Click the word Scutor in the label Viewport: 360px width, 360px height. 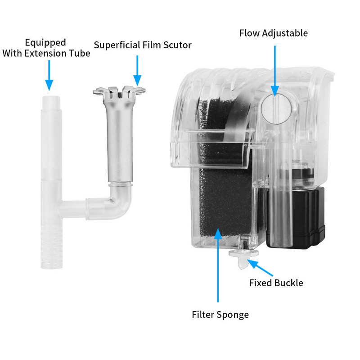pyautogui.click(x=177, y=45)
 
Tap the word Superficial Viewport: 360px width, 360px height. pyautogui.click(x=117, y=45)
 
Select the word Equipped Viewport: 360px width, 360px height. pyautogui.click(x=45, y=43)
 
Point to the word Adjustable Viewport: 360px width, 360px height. pyautogui.click(x=285, y=33)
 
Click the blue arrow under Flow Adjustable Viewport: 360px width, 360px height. pyautogui.click(x=275, y=71)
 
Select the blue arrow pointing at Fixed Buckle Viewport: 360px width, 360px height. pyautogui.click(x=260, y=268)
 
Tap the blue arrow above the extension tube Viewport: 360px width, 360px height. pyautogui.click(x=49, y=76)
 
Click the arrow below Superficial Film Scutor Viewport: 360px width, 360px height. pyautogui.click(x=137, y=71)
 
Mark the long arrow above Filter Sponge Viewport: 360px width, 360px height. pyautogui.click(x=218, y=265)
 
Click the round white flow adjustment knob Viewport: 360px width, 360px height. pyautogui.click(x=277, y=109)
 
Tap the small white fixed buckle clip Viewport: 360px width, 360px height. pyautogui.click(x=243, y=258)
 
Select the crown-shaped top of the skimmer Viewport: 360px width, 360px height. pyautogui.click(x=119, y=93)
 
